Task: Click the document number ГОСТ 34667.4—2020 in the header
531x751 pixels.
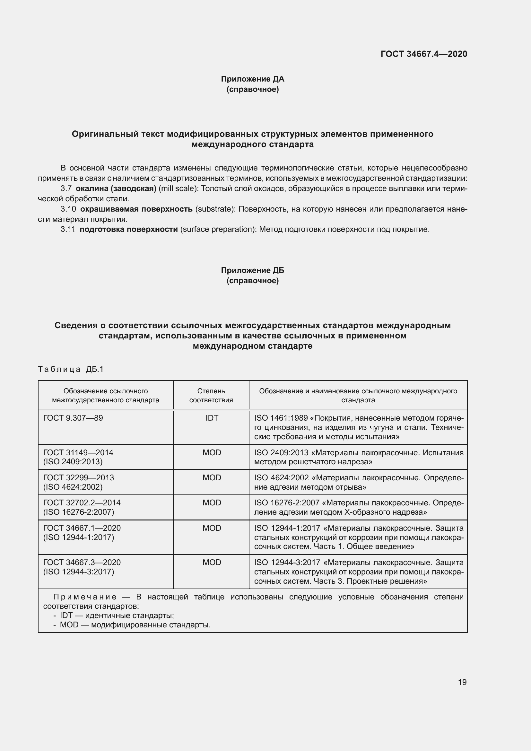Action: tap(424, 54)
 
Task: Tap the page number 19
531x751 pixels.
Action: tap(462, 682)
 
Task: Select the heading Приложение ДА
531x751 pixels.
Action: tap(252, 79)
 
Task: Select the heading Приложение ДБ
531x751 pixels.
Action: tap(252, 270)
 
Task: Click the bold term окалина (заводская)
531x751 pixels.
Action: tap(116, 189)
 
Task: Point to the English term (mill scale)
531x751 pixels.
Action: tap(178, 189)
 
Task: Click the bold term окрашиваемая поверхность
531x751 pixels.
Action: tap(136, 209)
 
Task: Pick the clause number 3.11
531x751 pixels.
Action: tap(68, 229)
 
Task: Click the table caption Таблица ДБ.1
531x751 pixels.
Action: tap(71, 369)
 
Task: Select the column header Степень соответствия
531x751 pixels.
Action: tap(211, 396)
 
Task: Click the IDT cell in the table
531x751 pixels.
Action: tap(212, 418)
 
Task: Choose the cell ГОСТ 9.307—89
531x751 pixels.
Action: tap(73, 418)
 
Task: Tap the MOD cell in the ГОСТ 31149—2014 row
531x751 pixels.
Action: tap(212, 453)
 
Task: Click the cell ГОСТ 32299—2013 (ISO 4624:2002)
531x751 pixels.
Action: tap(78, 482)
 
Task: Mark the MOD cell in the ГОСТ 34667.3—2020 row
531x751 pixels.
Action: tap(212, 562)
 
